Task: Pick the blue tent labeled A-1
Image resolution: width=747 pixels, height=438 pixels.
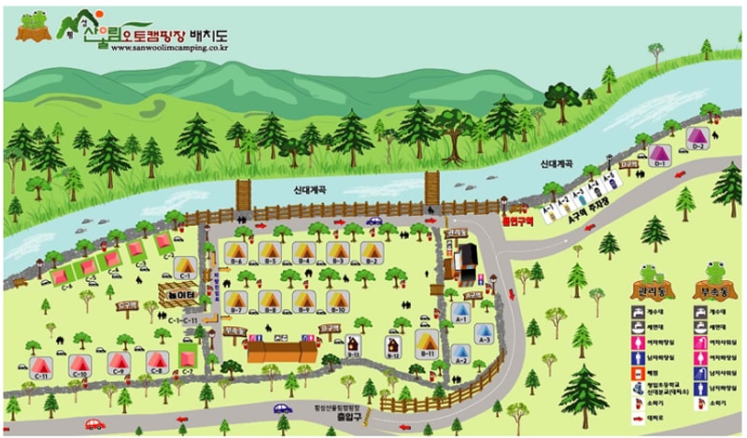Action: click(x=460, y=311)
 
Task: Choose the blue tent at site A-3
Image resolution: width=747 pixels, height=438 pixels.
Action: click(x=484, y=332)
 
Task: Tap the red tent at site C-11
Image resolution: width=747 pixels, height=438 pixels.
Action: click(x=40, y=365)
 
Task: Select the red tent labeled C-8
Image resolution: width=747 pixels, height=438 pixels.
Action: click(x=155, y=360)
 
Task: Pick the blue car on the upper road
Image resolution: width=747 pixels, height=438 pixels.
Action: click(x=374, y=221)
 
